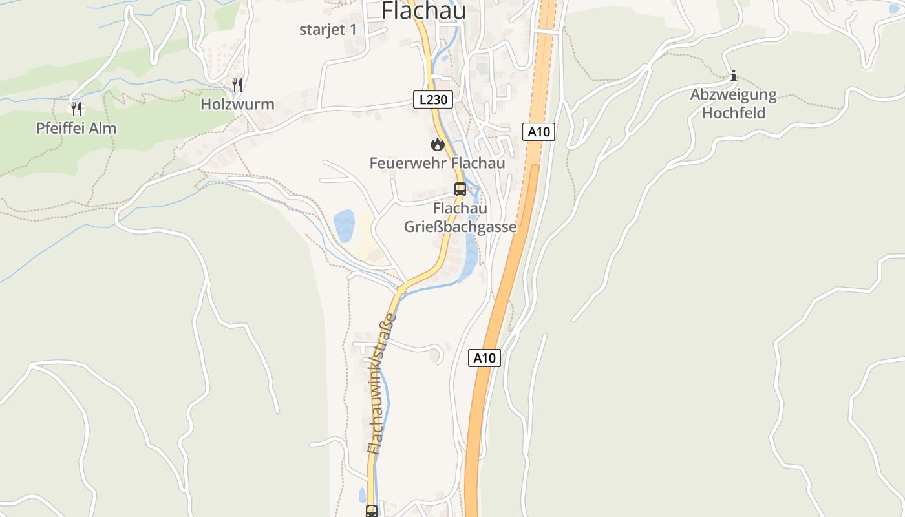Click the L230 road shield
(433, 100)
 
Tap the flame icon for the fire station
(438, 144)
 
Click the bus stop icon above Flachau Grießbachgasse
(460, 189)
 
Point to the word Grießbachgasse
(460, 227)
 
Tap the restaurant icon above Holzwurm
(237, 85)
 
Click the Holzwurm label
(237, 104)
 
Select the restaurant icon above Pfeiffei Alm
(76, 108)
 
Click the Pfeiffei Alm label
(76, 128)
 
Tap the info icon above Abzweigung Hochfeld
(733, 76)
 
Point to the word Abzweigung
(733, 95)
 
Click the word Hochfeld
(733, 113)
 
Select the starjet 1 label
(328, 30)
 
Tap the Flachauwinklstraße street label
(381, 384)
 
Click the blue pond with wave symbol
(344, 226)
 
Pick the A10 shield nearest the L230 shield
(538, 132)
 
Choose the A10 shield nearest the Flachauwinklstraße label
(484, 358)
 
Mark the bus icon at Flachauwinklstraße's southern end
(372, 511)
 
